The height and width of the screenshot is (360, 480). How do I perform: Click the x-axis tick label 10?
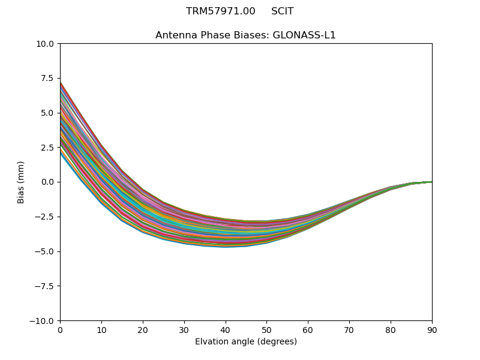[x=101, y=329]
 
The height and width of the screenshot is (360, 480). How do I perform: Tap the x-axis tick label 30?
[x=184, y=329]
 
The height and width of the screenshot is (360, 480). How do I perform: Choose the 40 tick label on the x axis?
[x=226, y=329]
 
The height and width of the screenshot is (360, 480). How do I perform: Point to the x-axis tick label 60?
[x=308, y=329]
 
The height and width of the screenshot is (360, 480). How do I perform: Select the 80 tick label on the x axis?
[x=391, y=329]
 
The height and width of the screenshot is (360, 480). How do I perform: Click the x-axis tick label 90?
[x=432, y=329]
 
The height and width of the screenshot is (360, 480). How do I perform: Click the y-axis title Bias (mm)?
[x=21, y=182]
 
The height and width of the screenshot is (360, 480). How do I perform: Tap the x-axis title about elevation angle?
[x=246, y=341]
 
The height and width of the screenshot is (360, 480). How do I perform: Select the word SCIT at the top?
[x=282, y=11]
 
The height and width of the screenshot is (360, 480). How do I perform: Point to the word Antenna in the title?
[x=174, y=35]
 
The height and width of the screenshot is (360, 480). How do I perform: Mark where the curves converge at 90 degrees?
[x=431, y=181]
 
